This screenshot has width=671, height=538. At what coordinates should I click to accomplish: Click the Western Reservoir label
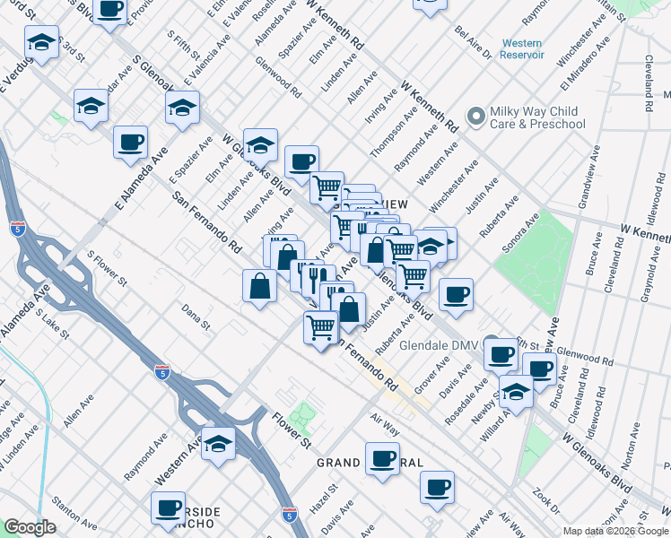click(523, 48)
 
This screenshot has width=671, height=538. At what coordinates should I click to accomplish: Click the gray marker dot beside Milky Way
click(475, 117)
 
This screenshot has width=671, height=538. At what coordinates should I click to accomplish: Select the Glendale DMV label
click(435, 344)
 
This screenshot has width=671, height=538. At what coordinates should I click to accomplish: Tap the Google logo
click(30, 527)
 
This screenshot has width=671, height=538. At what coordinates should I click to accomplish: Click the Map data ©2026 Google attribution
click(614, 531)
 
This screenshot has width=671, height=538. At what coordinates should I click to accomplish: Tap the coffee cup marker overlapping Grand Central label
click(382, 459)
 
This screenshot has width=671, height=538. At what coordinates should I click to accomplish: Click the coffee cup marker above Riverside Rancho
click(168, 508)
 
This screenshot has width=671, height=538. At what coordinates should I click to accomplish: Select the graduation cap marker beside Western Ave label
click(218, 443)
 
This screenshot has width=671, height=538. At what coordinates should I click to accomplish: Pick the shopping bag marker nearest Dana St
click(259, 286)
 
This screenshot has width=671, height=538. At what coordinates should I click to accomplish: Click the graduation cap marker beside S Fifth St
click(182, 108)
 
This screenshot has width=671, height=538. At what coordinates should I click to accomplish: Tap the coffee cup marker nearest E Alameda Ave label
click(131, 142)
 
